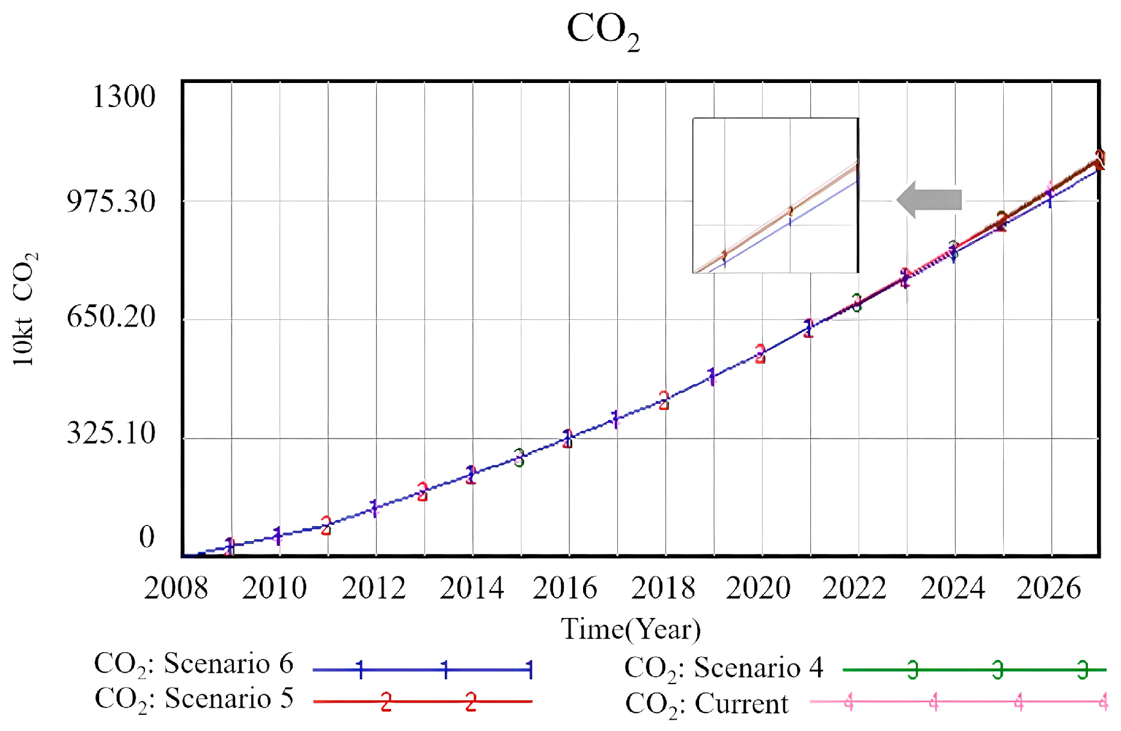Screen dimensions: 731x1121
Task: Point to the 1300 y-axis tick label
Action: pyautogui.click(x=124, y=96)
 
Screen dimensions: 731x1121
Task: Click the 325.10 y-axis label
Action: pyautogui.click(x=111, y=432)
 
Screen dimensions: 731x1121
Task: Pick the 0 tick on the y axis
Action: pyautogui.click(x=147, y=537)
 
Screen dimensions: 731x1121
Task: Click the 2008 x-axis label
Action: pyautogui.click(x=176, y=588)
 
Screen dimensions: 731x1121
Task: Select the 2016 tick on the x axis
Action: pyautogui.click(x=564, y=588)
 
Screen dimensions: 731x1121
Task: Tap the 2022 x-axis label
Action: pyautogui.click(x=854, y=588)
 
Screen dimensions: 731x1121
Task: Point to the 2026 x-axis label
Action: pyautogui.click(x=1048, y=588)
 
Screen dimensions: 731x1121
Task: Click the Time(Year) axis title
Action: pyautogui.click(x=631, y=629)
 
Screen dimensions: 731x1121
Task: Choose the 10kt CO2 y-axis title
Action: pyautogui.click(x=25, y=309)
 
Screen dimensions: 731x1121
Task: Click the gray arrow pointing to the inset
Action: pyautogui.click(x=929, y=200)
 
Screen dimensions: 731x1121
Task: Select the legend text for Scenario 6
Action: pyautogui.click(x=194, y=665)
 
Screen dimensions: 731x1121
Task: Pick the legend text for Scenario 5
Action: pyautogui.click(x=194, y=699)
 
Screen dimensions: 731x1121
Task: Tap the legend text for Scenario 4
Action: pyautogui.click(x=724, y=668)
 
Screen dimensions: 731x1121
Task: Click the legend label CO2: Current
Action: pyautogui.click(x=706, y=704)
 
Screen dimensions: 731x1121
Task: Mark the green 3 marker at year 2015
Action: pyautogui.click(x=519, y=457)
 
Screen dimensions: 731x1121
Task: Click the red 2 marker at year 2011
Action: pyautogui.click(x=326, y=525)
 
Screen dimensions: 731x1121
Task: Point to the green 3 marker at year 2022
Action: pyautogui.click(x=857, y=302)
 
